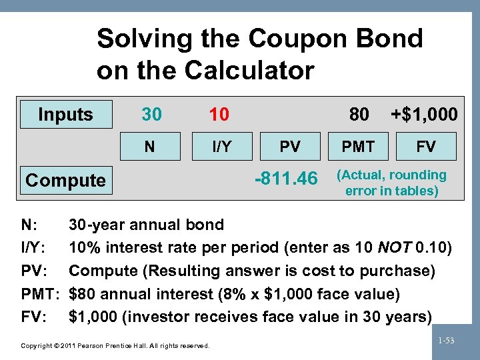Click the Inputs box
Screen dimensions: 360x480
[65, 115]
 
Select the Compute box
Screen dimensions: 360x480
[65, 180]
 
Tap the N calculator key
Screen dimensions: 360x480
[151, 147]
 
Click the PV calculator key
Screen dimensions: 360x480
[290, 147]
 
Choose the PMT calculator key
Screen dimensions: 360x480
[359, 147]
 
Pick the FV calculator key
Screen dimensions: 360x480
[426, 147]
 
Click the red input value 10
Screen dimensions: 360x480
[219, 115]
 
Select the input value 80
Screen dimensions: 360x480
[359, 115]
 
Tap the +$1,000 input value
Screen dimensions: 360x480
[425, 115]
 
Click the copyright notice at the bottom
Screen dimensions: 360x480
[115, 345]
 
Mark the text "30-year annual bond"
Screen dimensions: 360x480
[147, 225]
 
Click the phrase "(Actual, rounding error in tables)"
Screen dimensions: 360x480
[391, 183]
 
